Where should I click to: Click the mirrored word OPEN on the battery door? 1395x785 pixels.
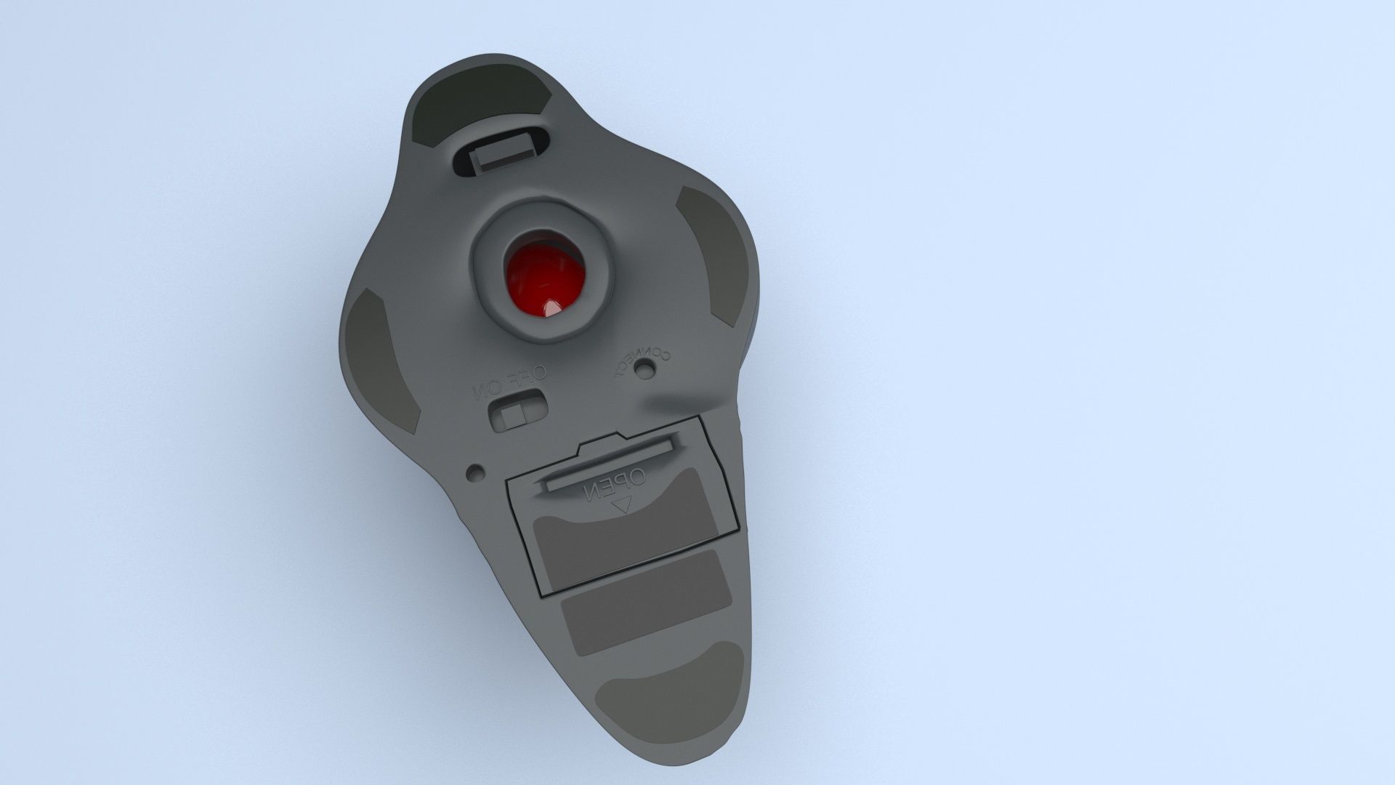pos(613,486)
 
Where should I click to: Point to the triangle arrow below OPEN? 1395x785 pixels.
pos(622,506)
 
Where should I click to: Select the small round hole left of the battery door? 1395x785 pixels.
pos(475,472)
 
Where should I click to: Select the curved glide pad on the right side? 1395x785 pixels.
pos(716,254)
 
